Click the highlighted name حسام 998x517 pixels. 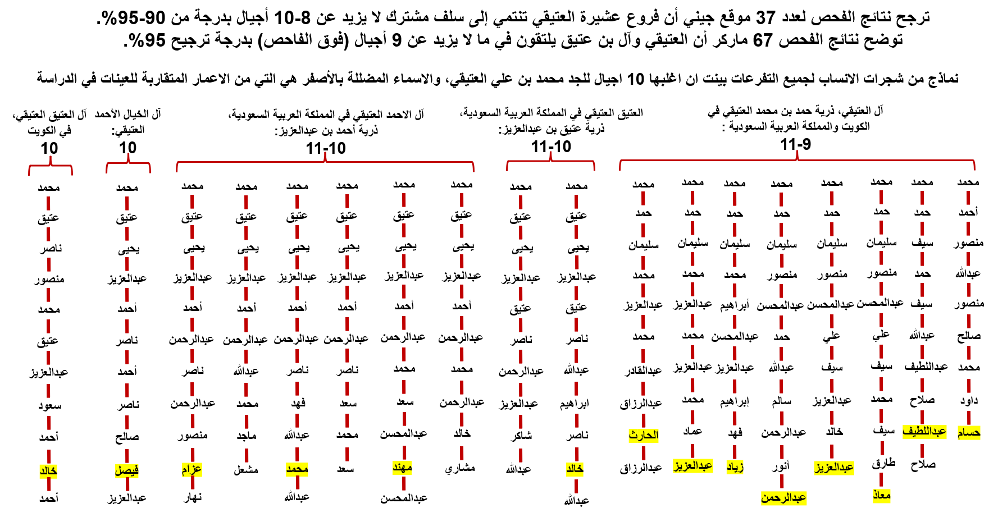(x=969, y=432)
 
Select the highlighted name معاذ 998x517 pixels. (x=882, y=495)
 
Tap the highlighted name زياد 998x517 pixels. (x=735, y=466)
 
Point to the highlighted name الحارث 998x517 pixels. (x=644, y=435)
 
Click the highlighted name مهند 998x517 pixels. (x=403, y=467)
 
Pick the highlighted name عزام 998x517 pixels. (x=192, y=469)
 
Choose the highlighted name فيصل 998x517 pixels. (x=127, y=470)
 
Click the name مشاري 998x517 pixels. (x=461, y=468)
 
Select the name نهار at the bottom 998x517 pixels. (x=193, y=497)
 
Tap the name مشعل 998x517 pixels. (x=246, y=469)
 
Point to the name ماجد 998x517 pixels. (x=246, y=436)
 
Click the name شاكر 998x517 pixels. (x=521, y=436)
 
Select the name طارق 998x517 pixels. (x=883, y=464)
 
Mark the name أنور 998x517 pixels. (x=781, y=465)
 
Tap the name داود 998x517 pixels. (x=969, y=400)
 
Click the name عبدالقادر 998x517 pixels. (x=644, y=370)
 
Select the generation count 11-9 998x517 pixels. (x=796, y=144)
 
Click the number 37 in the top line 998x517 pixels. (x=765, y=17)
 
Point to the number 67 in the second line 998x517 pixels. (x=763, y=40)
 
